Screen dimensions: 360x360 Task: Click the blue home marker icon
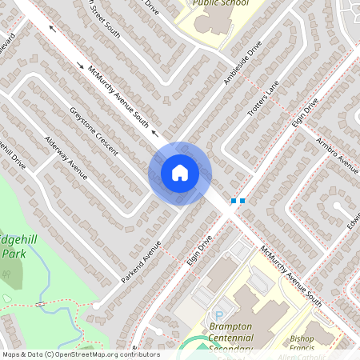tap(179, 173)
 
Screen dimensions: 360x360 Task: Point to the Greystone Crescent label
tap(94, 131)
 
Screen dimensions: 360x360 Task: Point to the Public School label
tap(219, 3)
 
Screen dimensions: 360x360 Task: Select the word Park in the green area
tap(14, 253)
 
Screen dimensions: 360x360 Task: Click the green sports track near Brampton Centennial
tap(188, 345)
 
